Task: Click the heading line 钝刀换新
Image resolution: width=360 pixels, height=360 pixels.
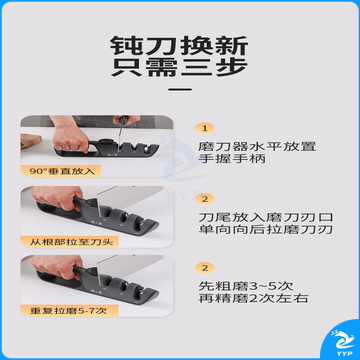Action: pyautogui.click(x=179, y=46)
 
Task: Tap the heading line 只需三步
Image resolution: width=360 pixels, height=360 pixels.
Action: pyautogui.click(x=179, y=68)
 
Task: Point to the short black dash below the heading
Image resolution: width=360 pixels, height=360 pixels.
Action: pyautogui.click(x=180, y=89)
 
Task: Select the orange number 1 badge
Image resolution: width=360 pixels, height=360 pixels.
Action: pyautogui.click(x=205, y=128)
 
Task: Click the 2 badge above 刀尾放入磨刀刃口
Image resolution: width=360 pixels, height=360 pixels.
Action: pyautogui.click(x=205, y=199)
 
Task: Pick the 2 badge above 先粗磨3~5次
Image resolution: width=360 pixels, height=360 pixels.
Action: pyautogui.click(x=205, y=268)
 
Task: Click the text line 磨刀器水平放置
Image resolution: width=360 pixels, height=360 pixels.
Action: pyautogui.click(x=257, y=146)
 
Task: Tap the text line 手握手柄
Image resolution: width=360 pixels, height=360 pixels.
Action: pyautogui.click(x=232, y=158)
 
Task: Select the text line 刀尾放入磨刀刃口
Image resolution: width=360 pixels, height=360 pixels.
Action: pyautogui.click(x=266, y=217)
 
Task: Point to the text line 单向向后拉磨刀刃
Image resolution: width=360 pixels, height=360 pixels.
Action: pyautogui.click(x=266, y=230)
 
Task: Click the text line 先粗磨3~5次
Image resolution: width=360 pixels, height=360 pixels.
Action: pyautogui.click(x=246, y=286)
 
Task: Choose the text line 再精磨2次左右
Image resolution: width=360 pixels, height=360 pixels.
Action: pyautogui.click(x=253, y=298)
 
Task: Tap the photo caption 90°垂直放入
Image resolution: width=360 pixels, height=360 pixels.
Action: pyautogui.click(x=60, y=171)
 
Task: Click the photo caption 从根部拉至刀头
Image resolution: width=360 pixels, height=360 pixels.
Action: pyautogui.click(x=72, y=242)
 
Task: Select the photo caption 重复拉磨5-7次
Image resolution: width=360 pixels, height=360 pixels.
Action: pyautogui.click(x=68, y=311)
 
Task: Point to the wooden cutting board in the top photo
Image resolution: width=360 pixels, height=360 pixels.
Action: pyautogui.click(x=31, y=141)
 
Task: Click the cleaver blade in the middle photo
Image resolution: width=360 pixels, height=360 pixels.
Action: pyautogui.click(x=127, y=196)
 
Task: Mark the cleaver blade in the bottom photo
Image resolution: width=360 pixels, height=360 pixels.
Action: pyautogui.click(x=127, y=265)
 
